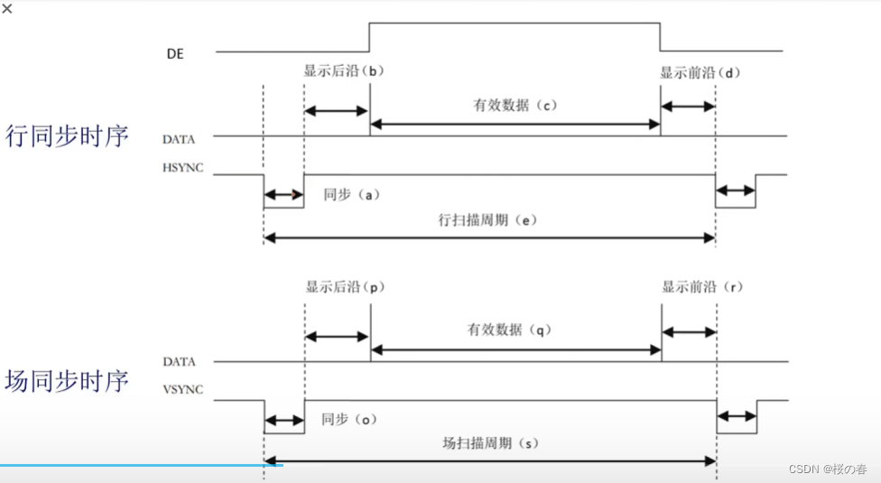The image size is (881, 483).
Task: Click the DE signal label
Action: coord(176,53)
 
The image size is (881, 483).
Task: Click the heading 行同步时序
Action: coord(67,136)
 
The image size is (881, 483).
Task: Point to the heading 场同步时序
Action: coord(67,380)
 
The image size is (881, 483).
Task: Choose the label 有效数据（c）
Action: coord(515,105)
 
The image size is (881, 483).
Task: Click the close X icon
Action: coord(8,8)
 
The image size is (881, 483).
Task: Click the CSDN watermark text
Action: coord(827,469)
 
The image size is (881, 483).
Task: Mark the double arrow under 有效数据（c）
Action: coord(515,123)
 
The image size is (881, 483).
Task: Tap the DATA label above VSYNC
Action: coord(180,361)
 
